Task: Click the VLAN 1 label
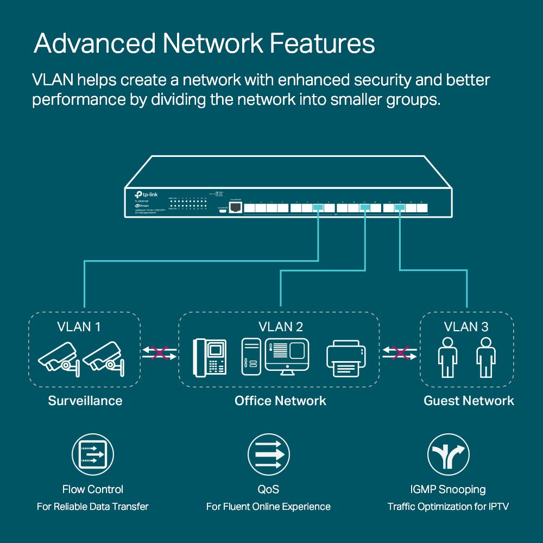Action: (x=79, y=327)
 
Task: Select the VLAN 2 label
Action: (x=281, y=326)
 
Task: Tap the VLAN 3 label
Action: (x=466, y=326)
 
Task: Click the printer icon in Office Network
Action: (x=346, y=358)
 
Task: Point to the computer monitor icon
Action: (x=287, y=355)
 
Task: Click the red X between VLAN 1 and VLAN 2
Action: (x=160, y=353)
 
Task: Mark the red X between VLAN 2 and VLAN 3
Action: (x=400, y=353)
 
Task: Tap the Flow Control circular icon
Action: (x=93, y=455)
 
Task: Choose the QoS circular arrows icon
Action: (x=268, y=455)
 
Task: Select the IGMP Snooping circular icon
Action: (x=448, y=455)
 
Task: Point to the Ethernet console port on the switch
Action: (x=235, y=208)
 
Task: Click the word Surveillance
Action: (x=85, y=401)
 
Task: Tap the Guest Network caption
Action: (x=469, y=401)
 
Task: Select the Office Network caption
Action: (x=280, y=401)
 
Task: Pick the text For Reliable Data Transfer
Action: (x=92, y=507)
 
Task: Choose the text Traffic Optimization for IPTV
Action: (x=448, y=507)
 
